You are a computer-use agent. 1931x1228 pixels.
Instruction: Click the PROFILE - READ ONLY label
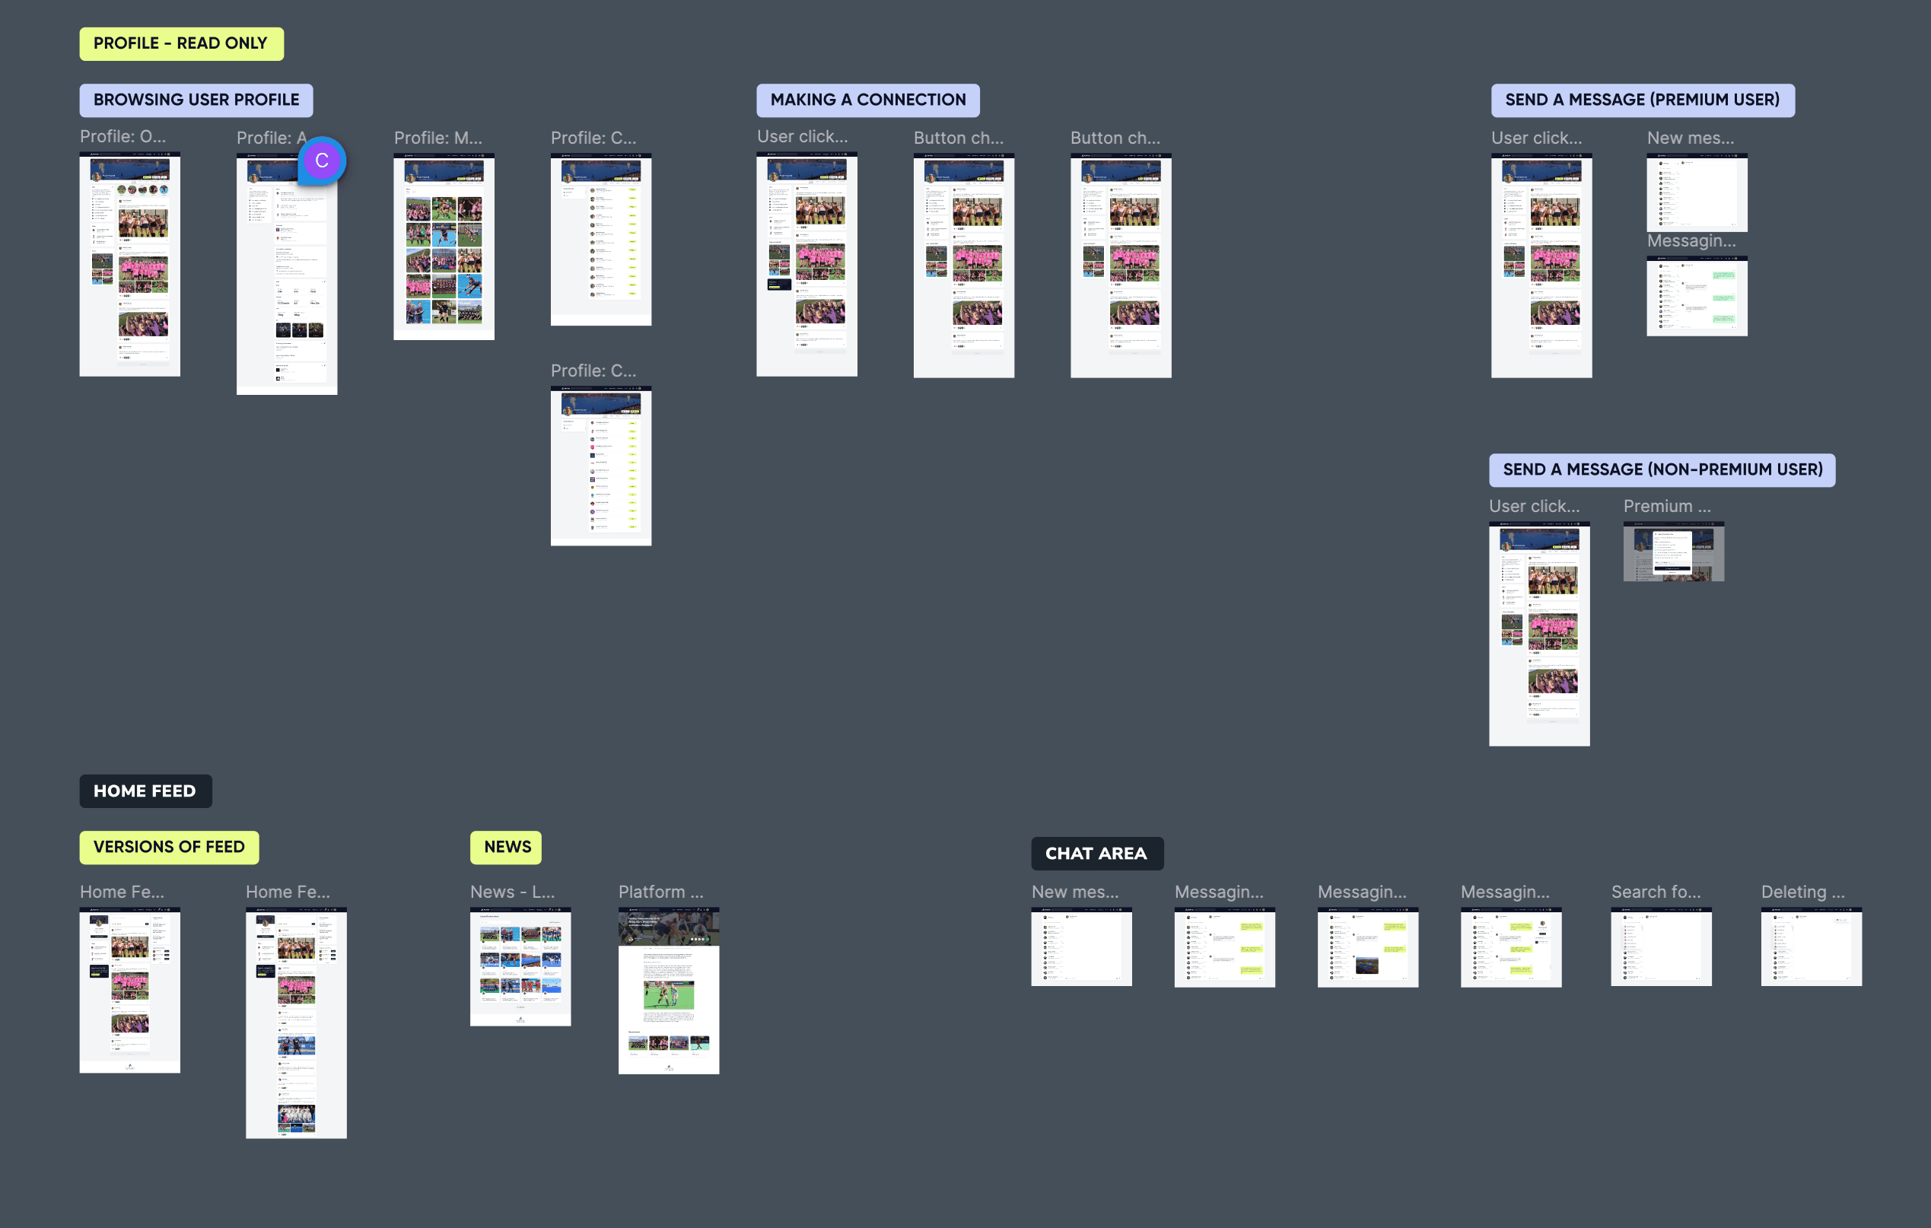[180, 43]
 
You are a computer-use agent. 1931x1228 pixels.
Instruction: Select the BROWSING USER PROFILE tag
[196, 100]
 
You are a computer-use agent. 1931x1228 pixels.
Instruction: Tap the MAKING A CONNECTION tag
[867, 100]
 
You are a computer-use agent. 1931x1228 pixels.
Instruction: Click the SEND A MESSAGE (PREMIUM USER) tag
[1643, 100]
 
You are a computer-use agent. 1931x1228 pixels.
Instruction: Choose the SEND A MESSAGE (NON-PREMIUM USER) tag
[1662, 470]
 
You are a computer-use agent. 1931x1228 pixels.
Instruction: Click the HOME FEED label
[145, 791]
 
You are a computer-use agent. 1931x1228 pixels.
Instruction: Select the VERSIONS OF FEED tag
[168, 847]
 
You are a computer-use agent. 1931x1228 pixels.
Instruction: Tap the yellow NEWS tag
[506, 847]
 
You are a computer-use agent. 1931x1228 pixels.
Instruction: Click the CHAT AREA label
[1096, 854]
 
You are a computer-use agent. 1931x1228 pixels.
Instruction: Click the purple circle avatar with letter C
[322, 161]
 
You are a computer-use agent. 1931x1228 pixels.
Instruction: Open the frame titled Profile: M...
[444, 247]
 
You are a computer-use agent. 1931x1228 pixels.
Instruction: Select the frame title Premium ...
[1666, 507]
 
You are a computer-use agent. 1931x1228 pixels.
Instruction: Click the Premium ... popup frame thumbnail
[1673, 552]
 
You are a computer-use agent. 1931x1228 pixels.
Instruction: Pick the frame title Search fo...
[1655, 892]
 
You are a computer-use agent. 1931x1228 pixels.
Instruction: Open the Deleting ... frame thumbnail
[1811, 946]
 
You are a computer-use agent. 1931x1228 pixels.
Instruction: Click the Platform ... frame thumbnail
[668, 991]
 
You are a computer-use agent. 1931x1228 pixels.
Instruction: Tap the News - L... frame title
[511, 892]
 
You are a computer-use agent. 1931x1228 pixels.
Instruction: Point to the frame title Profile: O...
[122, 137]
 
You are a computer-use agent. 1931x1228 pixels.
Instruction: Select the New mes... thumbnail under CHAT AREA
[1081, 946]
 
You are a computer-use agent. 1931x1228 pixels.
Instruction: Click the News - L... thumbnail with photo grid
[520, 966]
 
